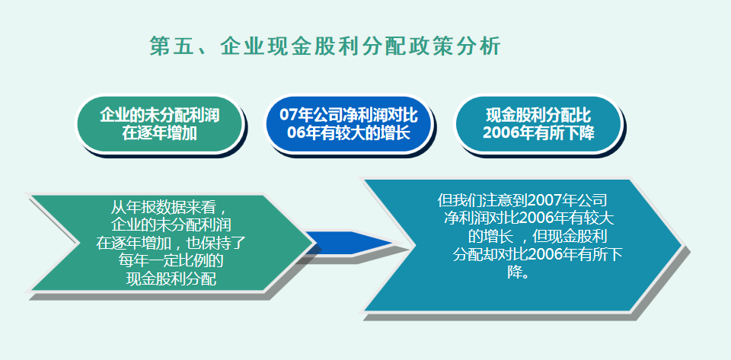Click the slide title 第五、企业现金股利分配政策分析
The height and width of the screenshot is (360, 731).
point(325,46)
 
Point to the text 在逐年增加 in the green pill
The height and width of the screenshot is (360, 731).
point(160,132)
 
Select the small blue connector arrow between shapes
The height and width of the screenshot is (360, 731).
point(346,244)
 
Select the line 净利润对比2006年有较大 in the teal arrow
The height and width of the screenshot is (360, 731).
point(528,218)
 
